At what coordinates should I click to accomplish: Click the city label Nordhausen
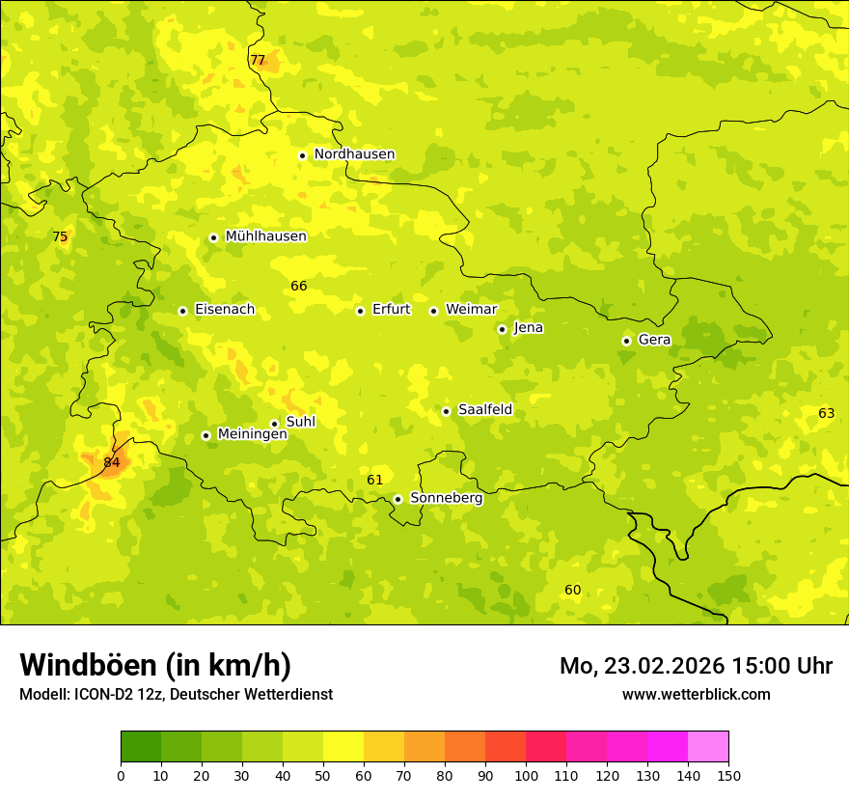point(354,154)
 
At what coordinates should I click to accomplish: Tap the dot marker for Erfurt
point(360,311)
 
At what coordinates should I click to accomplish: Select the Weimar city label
point(471,310)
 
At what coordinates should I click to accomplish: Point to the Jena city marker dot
point(502,329)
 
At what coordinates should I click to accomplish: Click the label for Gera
point(654,340)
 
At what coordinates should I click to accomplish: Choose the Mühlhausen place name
point(265,236)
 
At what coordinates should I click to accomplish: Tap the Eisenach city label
point(225,310)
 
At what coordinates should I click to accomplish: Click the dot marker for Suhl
point(274,424)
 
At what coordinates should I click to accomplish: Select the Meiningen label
point(253,434)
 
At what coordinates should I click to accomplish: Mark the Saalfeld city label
point(485,410)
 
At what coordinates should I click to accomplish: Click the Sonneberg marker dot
point(397,499)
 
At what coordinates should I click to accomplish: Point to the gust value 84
point(112,462)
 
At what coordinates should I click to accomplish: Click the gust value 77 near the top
point(258,60)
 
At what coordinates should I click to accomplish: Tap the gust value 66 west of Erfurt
point(299,286)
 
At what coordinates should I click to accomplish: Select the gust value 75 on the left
point(60,236)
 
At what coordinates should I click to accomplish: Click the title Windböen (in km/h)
point(155,665)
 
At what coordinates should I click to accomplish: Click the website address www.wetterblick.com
point(696,694)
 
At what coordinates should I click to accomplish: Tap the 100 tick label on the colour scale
point(526,775)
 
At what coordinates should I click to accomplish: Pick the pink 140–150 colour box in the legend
point(708,747)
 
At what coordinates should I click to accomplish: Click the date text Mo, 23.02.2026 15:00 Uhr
point(696,666)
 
